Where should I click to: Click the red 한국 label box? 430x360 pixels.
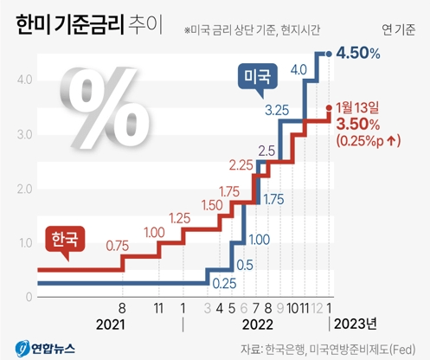(63, 237)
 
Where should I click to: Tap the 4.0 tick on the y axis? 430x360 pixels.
(23, 80)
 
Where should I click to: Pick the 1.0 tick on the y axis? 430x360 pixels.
(23, 243)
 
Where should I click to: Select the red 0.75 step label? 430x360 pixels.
(118, 246)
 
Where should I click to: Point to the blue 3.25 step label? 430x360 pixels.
(276, 110)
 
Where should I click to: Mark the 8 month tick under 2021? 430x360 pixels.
(124, 307)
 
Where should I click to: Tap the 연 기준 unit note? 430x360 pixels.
(398, 30)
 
